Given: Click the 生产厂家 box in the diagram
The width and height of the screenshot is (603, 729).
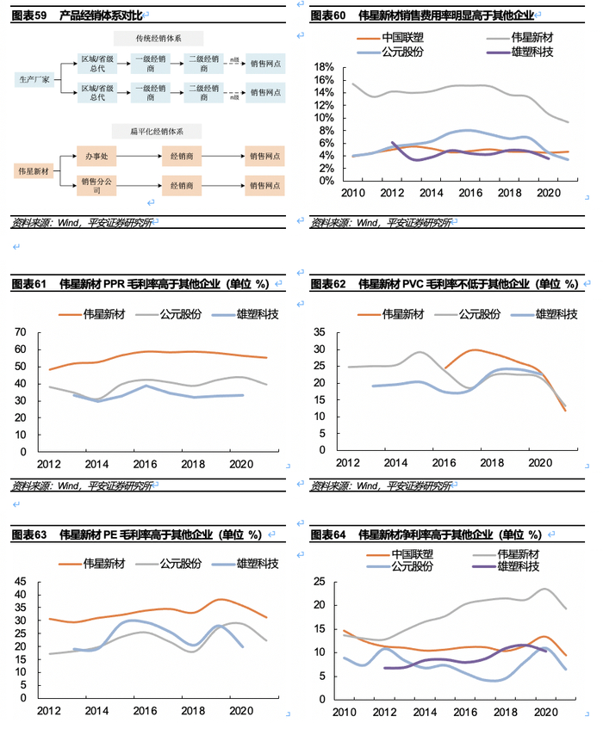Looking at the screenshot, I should (x=35, y=78).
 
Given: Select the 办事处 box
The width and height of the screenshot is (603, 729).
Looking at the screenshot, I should (x=94, y=156).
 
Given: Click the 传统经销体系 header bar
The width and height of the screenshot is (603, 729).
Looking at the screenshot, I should (x=158, y=39).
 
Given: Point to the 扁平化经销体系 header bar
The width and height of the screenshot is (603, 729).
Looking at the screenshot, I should (x=158, y=131).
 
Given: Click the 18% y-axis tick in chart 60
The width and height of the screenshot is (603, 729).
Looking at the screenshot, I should (x=324, y=67).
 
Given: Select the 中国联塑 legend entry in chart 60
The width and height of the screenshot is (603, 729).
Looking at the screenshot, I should (x=399, y=37).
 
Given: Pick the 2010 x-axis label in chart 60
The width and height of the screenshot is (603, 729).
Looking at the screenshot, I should (x=353, y=191).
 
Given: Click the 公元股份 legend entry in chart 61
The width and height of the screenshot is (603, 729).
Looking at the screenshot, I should (x=180, y=315).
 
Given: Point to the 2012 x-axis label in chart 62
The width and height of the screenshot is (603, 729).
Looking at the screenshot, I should (x=347, y=463).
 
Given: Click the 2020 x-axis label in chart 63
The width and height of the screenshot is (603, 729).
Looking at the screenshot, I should (x=239, y=712).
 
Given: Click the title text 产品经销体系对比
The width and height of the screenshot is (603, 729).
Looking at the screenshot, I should (x=100, y=15).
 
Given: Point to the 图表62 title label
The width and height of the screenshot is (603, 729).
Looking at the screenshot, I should (x=327, y=284).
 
